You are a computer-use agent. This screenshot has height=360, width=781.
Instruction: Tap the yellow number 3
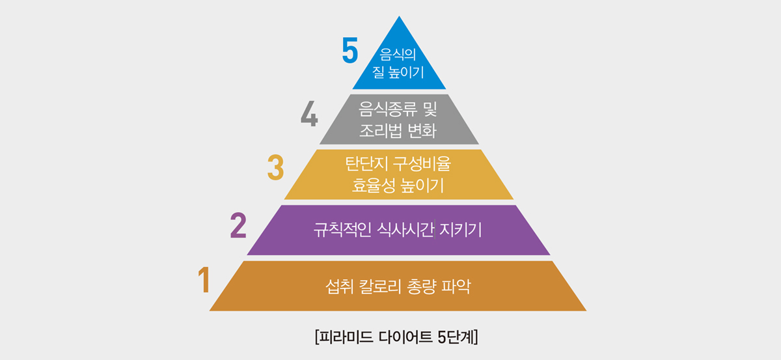[x=276, y=167]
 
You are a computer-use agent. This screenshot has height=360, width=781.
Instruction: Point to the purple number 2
[x=238, y=224]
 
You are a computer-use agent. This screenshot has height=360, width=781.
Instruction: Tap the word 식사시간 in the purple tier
[x=405, y=230]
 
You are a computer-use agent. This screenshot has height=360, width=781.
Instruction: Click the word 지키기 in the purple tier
[x=462, y=230]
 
